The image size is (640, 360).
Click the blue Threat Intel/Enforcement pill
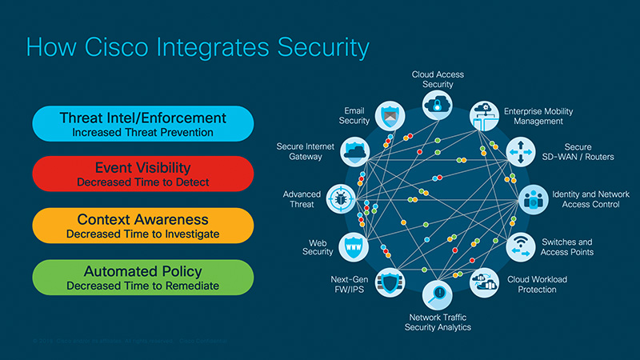143,124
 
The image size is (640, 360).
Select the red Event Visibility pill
143,174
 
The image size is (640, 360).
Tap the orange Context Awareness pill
143,226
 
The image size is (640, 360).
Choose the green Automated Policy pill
143,277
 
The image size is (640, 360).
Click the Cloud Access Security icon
438,105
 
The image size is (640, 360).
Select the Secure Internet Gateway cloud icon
354,150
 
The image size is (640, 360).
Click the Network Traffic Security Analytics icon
438,294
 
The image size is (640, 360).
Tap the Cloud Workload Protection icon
485,282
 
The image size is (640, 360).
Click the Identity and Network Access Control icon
532,199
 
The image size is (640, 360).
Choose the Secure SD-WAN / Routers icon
520,151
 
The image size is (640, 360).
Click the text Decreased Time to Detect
143,182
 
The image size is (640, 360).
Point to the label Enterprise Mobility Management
538,116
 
